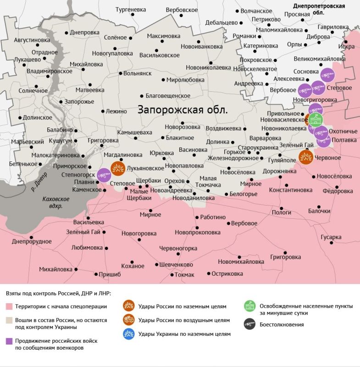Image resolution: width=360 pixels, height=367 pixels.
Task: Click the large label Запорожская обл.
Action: [183, 111]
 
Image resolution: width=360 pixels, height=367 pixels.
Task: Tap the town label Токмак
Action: [184, 274]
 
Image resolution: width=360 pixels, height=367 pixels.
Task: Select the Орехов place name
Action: [175, 181]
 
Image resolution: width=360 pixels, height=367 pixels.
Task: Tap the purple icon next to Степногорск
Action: [104, 175]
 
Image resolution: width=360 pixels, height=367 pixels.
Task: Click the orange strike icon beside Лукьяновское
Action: [118, 168]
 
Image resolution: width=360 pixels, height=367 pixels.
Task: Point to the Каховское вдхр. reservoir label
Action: [56, 203]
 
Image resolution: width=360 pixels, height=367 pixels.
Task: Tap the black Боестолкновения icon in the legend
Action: [250, 324]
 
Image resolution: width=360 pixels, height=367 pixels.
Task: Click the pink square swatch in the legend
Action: [9, 306]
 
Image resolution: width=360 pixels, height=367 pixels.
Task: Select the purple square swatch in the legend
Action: [9, 341]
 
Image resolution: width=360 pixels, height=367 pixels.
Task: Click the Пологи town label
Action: [282, 212]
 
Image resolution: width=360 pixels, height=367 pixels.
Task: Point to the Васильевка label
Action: [89, 222]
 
